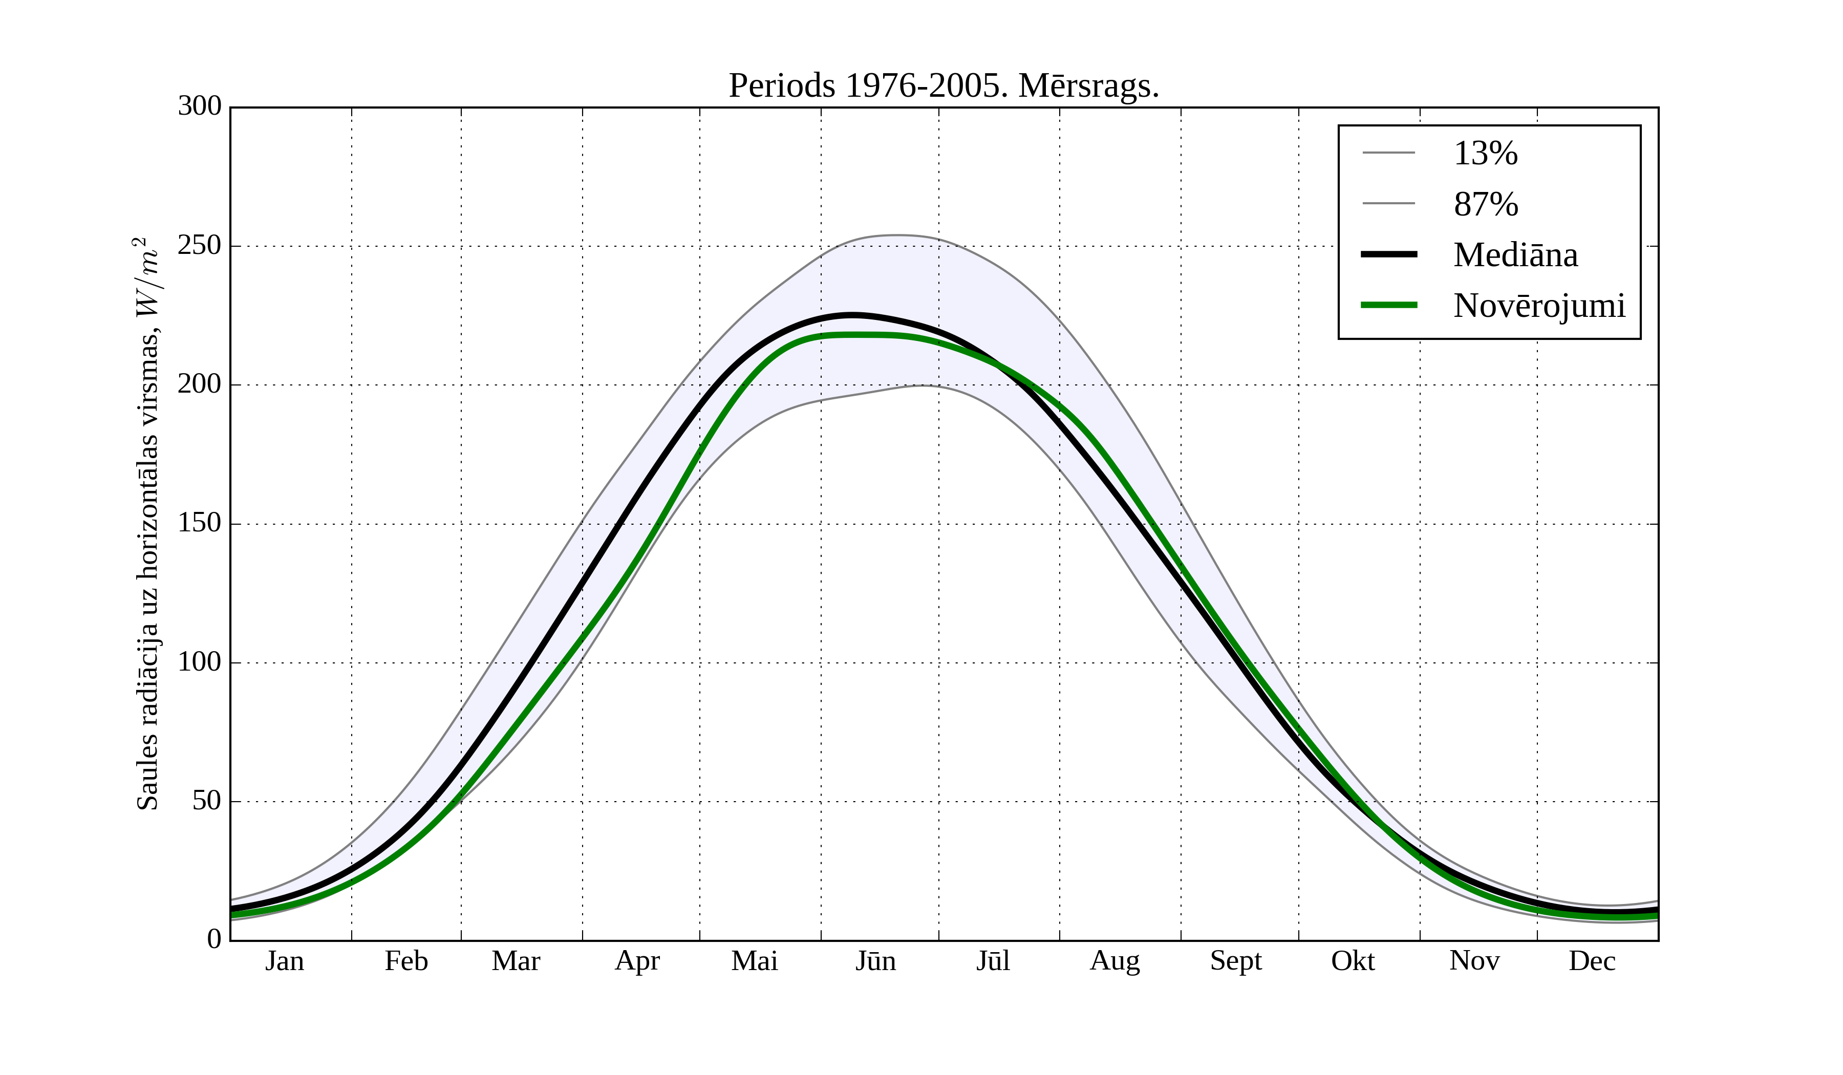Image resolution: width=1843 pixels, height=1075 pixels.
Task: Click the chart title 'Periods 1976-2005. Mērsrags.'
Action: (944, 87)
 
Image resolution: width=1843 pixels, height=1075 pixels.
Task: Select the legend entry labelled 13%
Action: (1485, 154)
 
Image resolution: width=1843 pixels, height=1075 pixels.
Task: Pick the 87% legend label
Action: (1485, 204)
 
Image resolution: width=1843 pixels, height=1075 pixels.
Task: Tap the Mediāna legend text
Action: (1515, 255)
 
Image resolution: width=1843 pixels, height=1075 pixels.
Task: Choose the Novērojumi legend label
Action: (1539, 306)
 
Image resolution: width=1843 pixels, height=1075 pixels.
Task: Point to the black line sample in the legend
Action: (1388, 254)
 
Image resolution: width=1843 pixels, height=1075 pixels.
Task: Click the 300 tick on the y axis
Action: (199, 107)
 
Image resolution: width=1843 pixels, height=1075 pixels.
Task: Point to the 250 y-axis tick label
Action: (199, 246)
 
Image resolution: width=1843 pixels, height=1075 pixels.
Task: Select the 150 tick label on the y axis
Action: (199, 524)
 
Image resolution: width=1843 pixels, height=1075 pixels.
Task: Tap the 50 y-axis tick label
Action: (206, 802)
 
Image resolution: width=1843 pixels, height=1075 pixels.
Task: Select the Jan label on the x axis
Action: (285, 961)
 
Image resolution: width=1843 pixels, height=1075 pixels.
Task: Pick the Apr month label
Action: (637, 961)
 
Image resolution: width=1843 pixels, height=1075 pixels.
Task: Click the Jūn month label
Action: (875, 961)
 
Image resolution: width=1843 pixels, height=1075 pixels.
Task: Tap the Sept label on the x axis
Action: (1235, 961)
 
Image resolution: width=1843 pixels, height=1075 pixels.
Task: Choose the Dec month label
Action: (1592, 961)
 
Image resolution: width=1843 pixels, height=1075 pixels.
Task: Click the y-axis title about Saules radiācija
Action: (148, 524)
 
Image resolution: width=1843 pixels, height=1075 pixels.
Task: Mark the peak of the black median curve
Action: (852, 315)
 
